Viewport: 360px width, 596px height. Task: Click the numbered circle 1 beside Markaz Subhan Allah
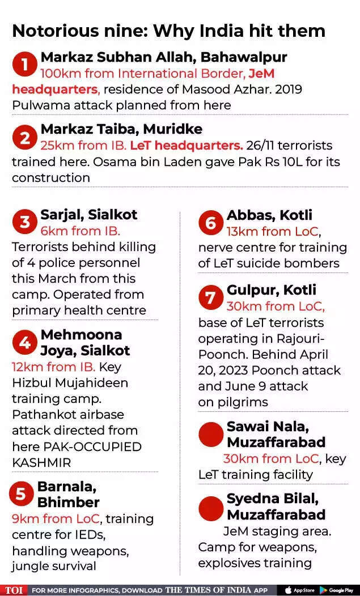(24, 65)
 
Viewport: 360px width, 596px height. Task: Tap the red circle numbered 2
(24, 138)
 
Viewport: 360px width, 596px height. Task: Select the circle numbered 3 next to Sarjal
(24, 222)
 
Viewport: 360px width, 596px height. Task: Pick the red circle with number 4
(24, 342)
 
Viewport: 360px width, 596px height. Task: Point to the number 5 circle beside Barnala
(21, 494)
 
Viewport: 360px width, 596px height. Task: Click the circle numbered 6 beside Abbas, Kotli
(210, 223)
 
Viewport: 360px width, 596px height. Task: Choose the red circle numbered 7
(210, 297)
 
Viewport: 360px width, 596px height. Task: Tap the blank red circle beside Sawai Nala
(211, 434)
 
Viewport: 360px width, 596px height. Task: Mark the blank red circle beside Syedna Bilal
(211, 508)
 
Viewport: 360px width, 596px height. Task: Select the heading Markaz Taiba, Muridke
(121, 129)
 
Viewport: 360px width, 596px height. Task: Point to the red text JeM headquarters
(54, 90)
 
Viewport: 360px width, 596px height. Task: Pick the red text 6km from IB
(80, 231)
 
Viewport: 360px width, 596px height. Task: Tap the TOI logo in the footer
(14, 590)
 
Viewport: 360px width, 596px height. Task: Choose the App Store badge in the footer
(300, 590)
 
